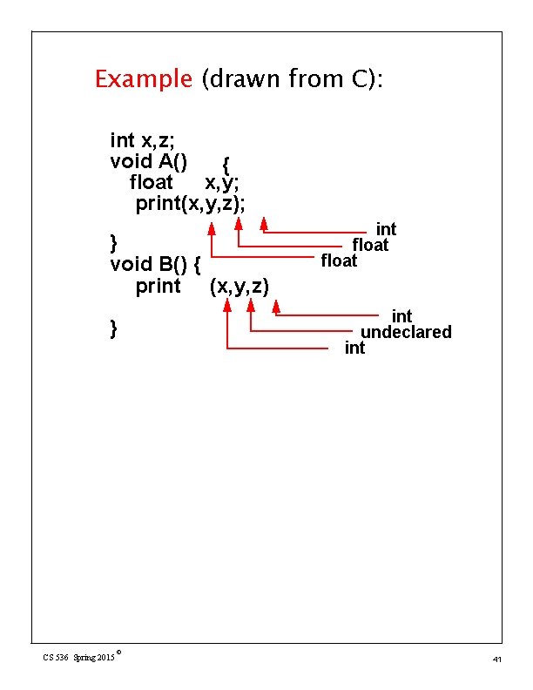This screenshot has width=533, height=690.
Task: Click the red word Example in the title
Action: pyautogui.click(x=143, y=79)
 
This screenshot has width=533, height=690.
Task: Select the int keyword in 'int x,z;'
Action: pyautogui.click(x=123, y=140)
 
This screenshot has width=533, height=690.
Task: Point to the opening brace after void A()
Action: pyautogui.click(x=226, y=164)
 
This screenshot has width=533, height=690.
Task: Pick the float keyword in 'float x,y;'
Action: pyautogui.click(x=151, y=182)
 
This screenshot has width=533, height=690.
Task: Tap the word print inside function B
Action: pyautogui.click(x=159, y=286)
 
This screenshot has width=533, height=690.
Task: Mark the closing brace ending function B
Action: pyautogui.click(x=114, y=328)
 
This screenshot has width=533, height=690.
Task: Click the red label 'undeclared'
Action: pyautogui.click(x=406, y=332)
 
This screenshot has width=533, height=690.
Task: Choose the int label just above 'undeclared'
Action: pyautogui.click(x=401, y=315)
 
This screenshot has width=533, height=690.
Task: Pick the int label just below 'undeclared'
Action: pyautogui.click(x=354, y=348)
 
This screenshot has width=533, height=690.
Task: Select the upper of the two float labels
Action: pyautogui.click(x=370, y=245)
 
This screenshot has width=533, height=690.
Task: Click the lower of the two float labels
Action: pyautogui.click(x=339, y=260)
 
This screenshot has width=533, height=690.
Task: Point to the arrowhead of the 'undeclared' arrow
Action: pyautogui.click(x=251, y=305)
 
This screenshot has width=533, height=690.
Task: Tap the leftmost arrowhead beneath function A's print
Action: pyautogui.click(x=212, y=228)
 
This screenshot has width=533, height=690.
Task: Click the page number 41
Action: pyautogui.click(x=496, y=660)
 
